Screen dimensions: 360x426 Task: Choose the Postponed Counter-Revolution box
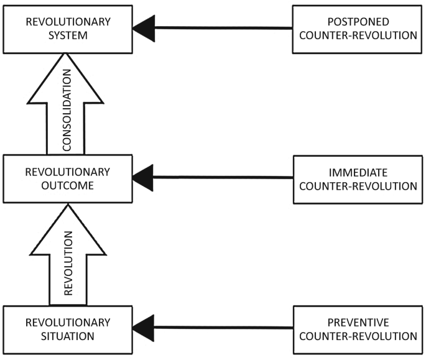(x=358, y=29)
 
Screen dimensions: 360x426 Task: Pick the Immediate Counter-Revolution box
(x=358, y=178)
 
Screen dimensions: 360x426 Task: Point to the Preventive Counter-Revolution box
(x=358, y=329)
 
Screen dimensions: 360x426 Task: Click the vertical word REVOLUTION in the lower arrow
(x=68, y=263)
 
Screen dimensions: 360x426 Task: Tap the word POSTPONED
(x=358, y=22)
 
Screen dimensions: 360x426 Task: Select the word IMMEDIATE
(x=358, y=171)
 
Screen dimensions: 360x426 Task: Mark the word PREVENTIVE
(x=358, y=322)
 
